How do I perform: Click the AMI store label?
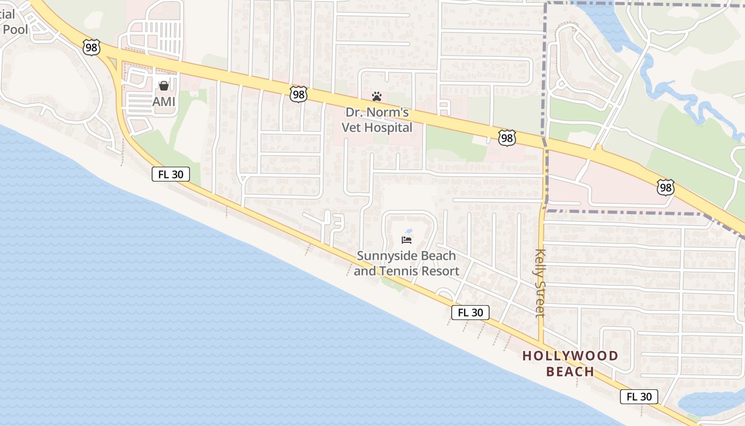tap(163, 101)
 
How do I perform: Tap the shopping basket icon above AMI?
tap(163, 86)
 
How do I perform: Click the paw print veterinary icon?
tap(377, 96)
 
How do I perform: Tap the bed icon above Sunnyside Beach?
tap(407, 240)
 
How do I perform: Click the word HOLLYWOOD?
tap(570, 356)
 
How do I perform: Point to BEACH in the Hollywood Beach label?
tap(570, 372)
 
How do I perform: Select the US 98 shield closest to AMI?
tap(92, 48)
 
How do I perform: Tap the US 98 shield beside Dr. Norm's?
tap(299, 94)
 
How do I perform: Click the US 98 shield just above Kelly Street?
tap(507, 138)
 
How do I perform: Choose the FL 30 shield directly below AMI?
tap(171, 174)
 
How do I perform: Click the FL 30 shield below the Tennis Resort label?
tap(470, 313)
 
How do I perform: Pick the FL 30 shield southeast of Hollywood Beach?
tap(639, 397)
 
